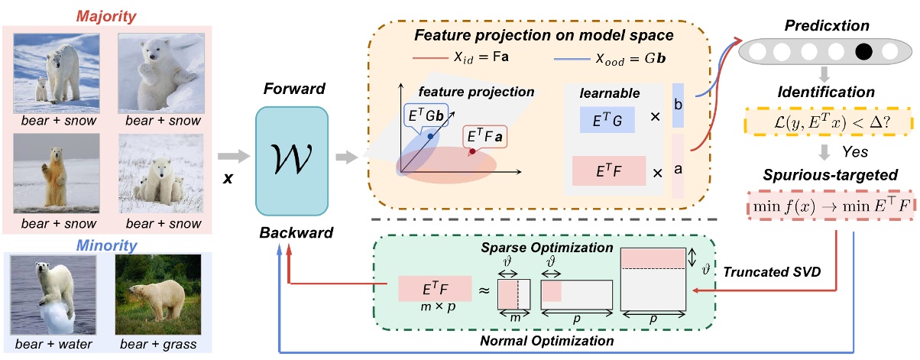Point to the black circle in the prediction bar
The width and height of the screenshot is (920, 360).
pos(866,53)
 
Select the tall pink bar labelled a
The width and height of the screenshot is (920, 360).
pos(678,167)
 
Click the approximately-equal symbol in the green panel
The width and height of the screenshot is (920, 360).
pos(483,291)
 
